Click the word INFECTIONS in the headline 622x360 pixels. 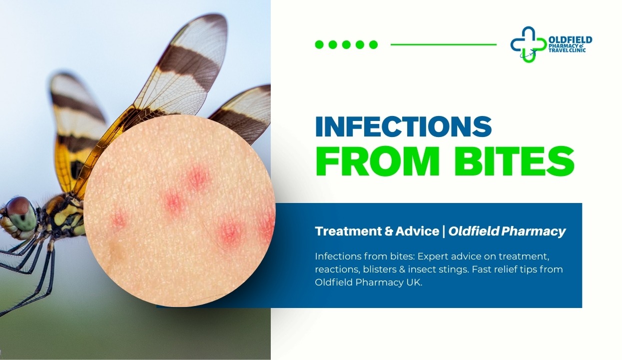point(404,126)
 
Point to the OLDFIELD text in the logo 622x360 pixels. point(570,39)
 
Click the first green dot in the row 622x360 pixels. point(319,44)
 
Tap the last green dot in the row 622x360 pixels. point(373,44)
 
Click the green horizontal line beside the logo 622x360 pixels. point(443,44)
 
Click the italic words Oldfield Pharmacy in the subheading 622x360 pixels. point(507,231)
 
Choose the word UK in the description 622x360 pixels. point(413,282)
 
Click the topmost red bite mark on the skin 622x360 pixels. point(197,178)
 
